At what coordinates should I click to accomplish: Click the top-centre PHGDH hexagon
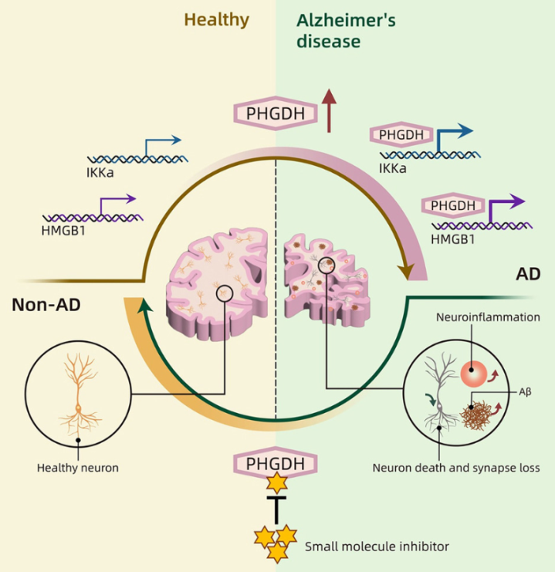tap(276, 115)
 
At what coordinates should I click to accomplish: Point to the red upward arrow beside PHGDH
tap(330, 110)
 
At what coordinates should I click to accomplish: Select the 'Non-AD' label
tap(46, 305)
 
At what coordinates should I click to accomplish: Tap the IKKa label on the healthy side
tap(100, 173)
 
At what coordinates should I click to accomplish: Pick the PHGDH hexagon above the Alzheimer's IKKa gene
tap(401, 135)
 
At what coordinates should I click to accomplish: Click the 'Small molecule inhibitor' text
tap(377, 547)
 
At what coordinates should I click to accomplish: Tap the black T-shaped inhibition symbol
tap(276, 509)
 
